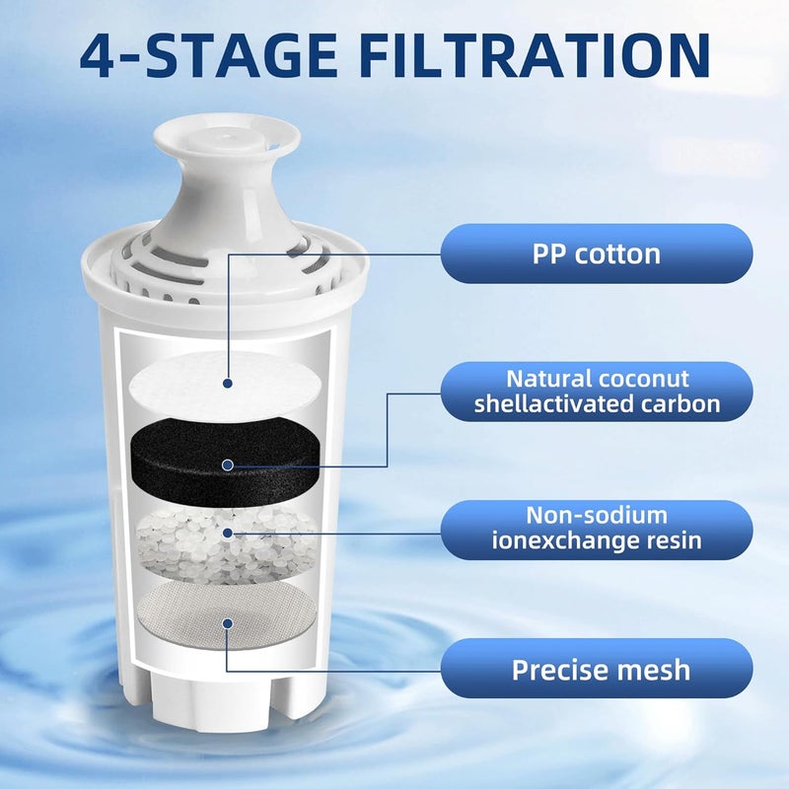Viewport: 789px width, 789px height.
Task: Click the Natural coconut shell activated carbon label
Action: point(598,392)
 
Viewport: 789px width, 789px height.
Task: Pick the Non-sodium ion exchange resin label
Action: point(597,528)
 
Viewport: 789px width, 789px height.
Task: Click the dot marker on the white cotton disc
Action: point(227,384)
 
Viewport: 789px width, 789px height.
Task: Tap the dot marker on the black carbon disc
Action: point(228,464)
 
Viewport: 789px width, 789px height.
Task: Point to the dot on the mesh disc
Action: point(227,622)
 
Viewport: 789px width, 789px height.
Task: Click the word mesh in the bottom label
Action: point(648,670)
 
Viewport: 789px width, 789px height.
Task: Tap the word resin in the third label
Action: point(673,540)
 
